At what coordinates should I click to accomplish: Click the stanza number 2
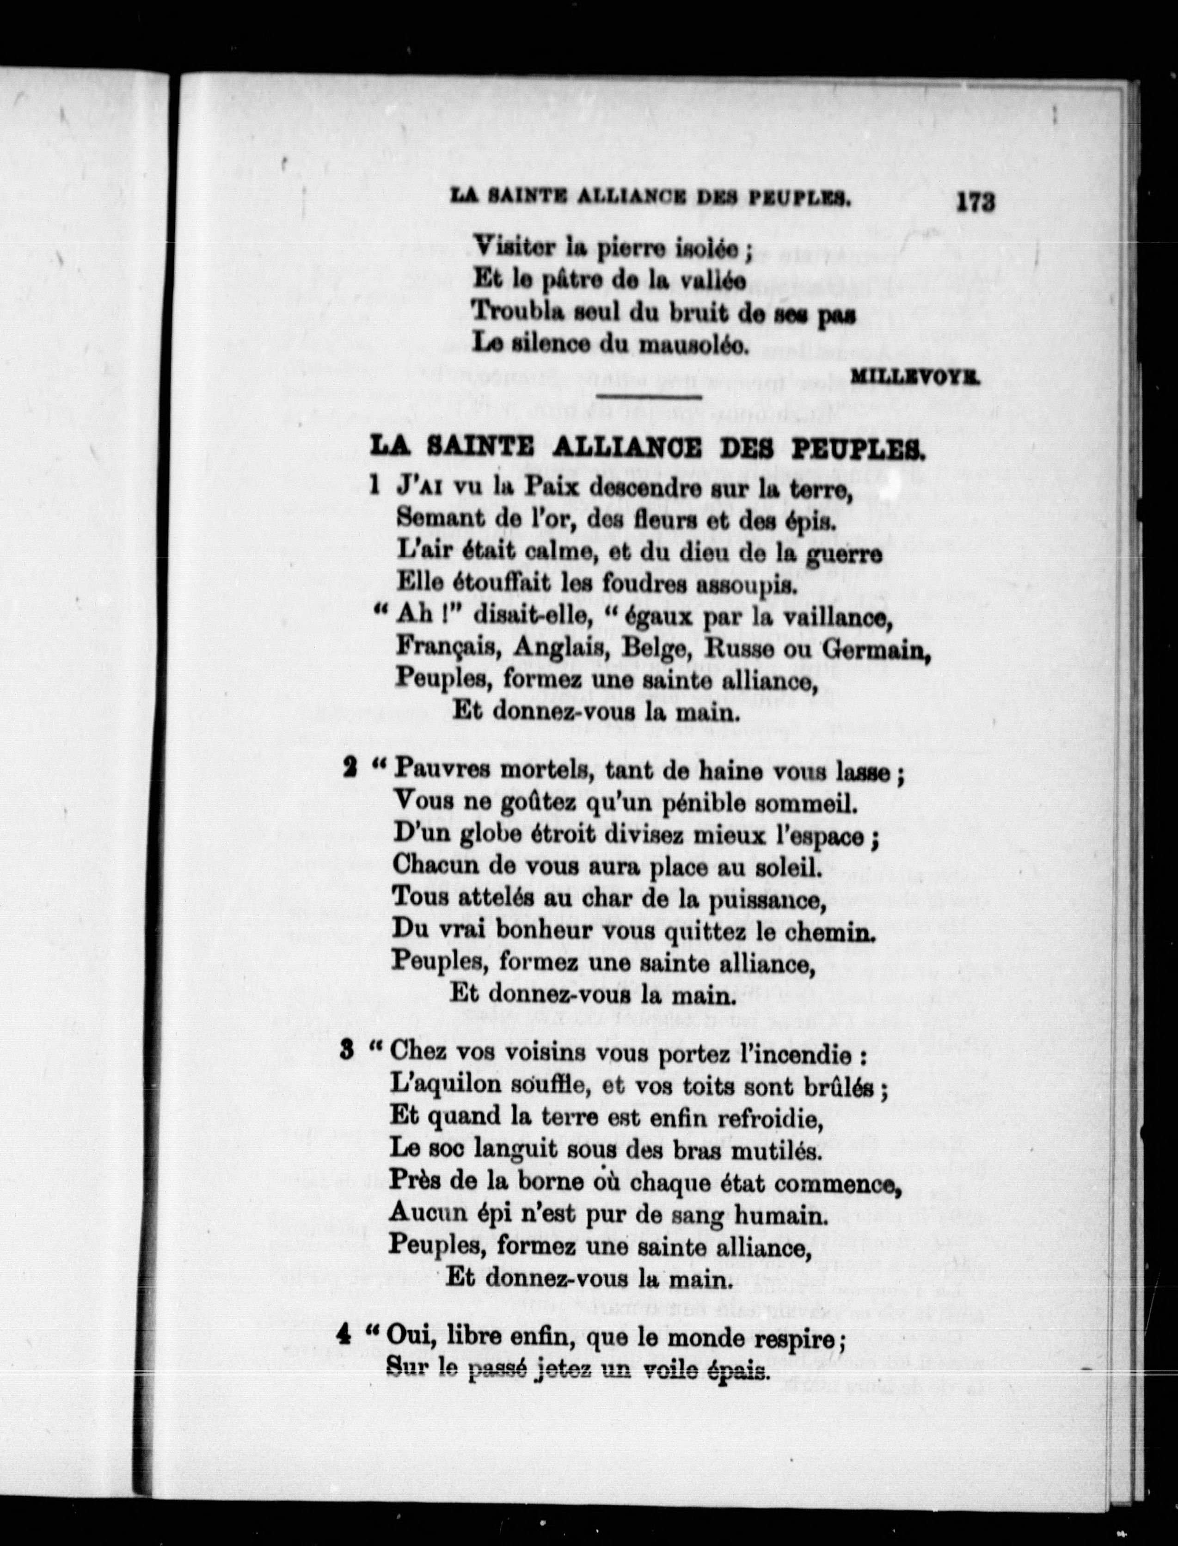click(x=349, y=769)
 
